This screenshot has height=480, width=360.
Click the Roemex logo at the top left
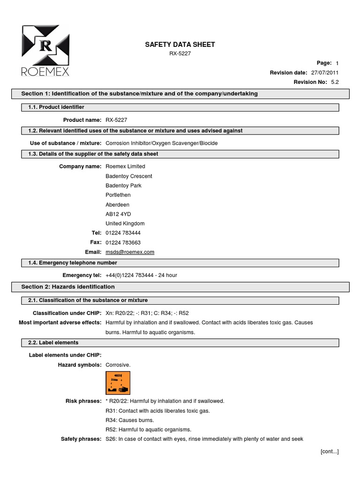(45, 50)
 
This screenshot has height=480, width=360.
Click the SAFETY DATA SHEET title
(180, 45)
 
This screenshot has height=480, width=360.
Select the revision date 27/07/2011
(324, 73)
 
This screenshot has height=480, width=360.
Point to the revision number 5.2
(335, 82)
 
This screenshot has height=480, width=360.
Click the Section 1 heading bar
(180, 94)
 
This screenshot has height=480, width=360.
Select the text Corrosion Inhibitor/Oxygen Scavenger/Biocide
(162, 143)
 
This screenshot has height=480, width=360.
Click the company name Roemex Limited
(126, 166)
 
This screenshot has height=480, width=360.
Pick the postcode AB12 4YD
(119, 214)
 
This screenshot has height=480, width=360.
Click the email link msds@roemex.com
(130, 252)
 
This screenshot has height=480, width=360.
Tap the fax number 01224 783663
(123, 242)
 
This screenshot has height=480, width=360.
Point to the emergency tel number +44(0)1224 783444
(142, 275)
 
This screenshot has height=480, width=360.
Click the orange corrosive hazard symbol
(118, 383)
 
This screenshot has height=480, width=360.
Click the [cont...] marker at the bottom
(330, 451)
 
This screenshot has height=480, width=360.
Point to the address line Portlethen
(118, 195)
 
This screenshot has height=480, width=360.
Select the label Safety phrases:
(81, 439)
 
